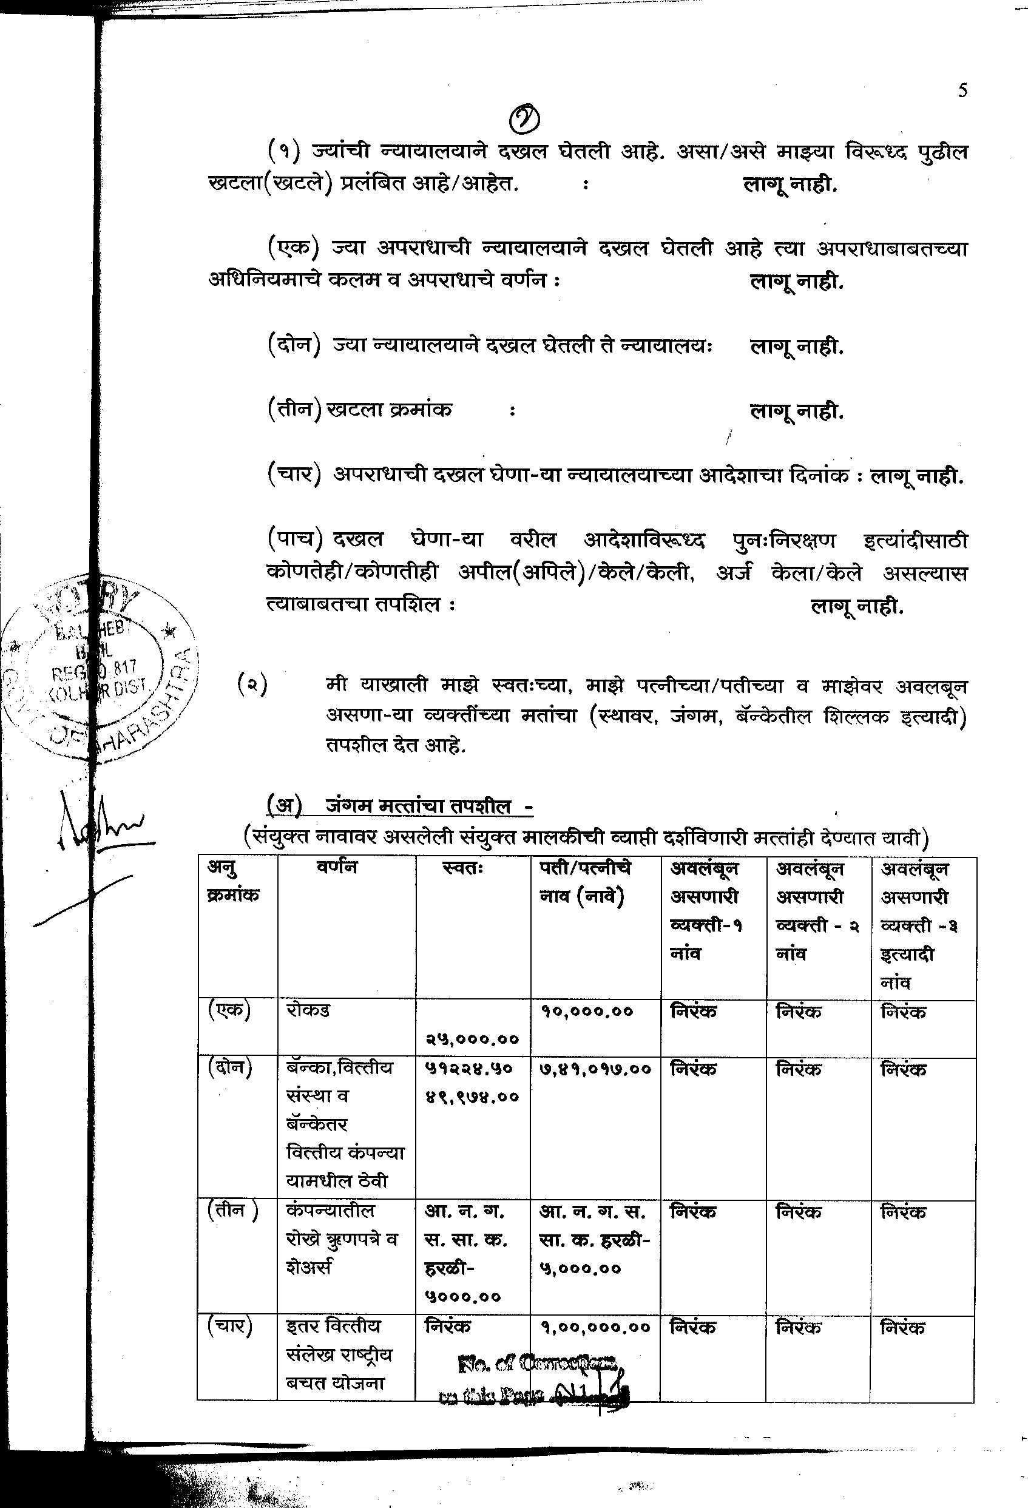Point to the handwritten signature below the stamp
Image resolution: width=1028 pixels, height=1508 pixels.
97,831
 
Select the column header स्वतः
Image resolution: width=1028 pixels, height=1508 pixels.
462,868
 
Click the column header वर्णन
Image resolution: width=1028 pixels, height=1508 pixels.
338,868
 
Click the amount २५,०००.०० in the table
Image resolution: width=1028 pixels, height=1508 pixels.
473,1039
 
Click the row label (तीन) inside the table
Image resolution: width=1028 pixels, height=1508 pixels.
232,1211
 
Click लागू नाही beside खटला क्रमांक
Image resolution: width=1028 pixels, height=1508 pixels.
796,411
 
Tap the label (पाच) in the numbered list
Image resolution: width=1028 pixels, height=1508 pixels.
296,539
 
